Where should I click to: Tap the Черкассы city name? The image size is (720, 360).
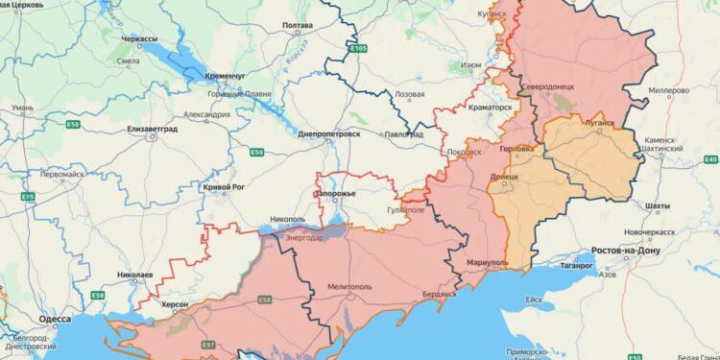pyautogui.click(x=139, y=38)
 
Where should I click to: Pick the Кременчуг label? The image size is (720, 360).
pyautogui.click(x=224, y=74)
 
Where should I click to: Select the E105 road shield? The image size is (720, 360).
pyautogui.click(x=358, y=47)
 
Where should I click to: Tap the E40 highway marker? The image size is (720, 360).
pyautogui.click(x=710, y=158)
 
